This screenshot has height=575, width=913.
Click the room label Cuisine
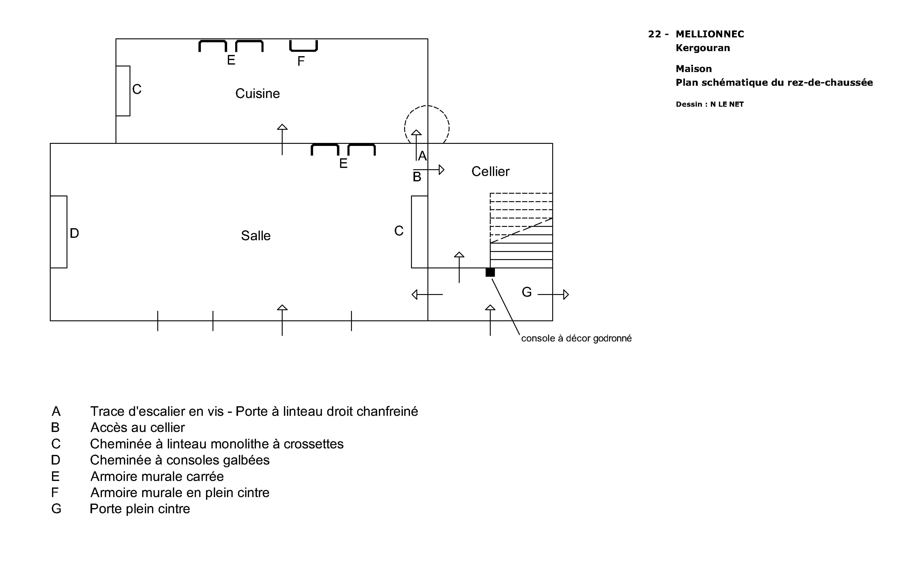pos(257,93)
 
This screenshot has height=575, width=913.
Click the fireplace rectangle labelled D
pos(59,232)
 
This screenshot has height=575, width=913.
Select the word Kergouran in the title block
pos(703,48)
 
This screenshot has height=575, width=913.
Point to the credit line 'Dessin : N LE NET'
pos(709,104)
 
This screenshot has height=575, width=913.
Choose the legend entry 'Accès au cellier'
pos(137,427)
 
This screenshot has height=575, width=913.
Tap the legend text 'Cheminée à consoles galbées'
pos(180,460)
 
